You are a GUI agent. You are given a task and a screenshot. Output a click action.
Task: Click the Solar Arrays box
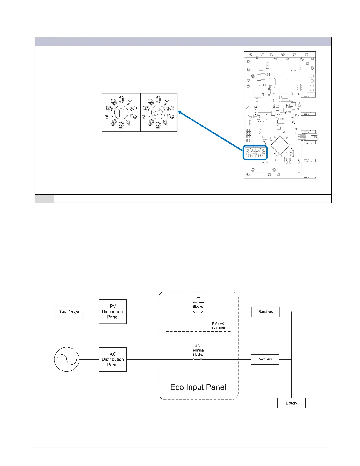pos(69,312)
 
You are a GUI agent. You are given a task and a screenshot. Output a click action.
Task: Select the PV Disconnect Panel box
pos(113,312)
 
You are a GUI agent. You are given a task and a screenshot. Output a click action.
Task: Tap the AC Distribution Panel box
pos(113,359)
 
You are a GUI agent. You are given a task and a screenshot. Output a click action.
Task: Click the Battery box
pos(291,403)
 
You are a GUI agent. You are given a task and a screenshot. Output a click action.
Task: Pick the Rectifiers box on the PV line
pos(266,312)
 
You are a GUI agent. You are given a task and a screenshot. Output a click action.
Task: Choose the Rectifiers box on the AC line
pos(265,359)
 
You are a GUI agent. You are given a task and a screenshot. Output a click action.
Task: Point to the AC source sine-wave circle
pos(67,359)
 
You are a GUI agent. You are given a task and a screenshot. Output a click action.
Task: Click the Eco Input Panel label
pos(198,387)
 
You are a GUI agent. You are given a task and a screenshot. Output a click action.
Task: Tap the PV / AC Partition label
pos(218,326)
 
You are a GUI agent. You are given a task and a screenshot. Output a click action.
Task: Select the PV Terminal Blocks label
pos(198,302)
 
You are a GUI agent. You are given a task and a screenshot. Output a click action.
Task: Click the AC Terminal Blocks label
pos(198,350)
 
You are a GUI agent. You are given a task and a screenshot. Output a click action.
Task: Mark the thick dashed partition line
pos(198,332)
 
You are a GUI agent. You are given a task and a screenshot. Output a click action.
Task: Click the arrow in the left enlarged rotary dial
pos(121,112)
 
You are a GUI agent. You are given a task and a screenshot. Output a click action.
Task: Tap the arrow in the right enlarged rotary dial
pos(158,112)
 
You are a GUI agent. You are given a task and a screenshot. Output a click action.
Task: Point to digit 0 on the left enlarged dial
pos(121,100)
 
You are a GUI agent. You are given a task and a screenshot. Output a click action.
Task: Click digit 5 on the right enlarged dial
pos(158,126)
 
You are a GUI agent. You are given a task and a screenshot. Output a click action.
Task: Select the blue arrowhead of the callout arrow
pos(180,112)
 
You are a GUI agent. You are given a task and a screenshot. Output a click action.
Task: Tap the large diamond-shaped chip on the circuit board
pos(280,145)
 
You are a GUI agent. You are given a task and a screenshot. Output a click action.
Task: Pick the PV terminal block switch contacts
pos(198,312)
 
